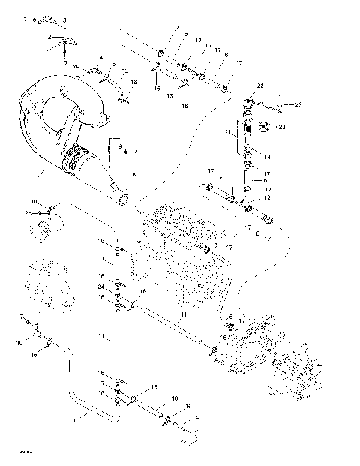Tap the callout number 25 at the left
(28, 213)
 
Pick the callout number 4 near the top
(100, 57)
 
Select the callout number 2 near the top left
(49, 36)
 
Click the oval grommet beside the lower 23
(263, 126)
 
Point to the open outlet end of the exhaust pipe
(122, 199)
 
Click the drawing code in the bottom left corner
(25, 452)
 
